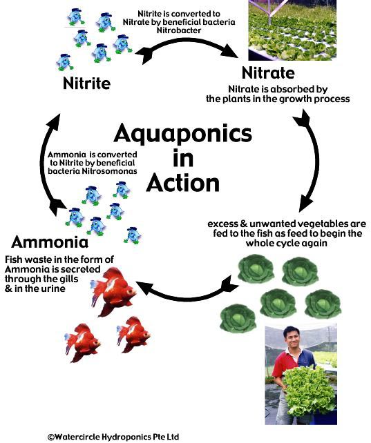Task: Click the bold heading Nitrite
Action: point(86,83)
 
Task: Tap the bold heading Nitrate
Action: point(268,72)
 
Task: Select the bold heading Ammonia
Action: point(50,242)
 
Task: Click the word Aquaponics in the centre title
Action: point(182,134)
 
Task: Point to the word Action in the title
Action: point(182,183)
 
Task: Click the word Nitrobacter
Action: point(179,30)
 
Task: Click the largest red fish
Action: point(114,292)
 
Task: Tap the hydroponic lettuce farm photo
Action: point(292,30)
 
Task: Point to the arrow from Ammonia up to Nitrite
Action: point(46,164)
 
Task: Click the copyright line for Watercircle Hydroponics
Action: point(113,437)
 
